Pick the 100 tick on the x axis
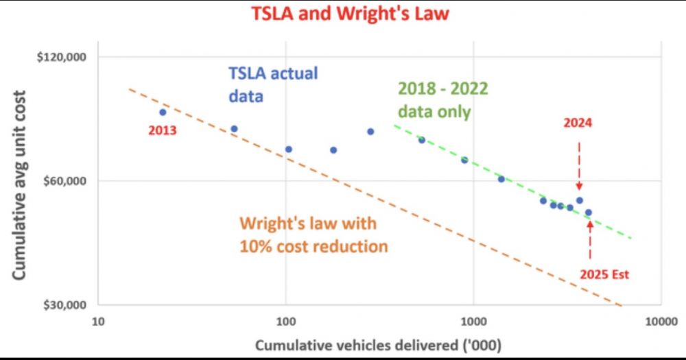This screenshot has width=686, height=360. pyautogui.click(x=285, y=321)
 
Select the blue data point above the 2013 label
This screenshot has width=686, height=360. pyautogui.click(x=163, y=112)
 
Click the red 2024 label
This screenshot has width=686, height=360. pyautogui.click(x=578, y=123)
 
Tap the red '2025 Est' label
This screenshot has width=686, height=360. pyautogui.click(x=604, y=274)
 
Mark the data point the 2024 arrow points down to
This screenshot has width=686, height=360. pyautogui.click(x=579, y=200)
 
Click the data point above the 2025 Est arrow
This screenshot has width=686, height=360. pyautogui.click(x=588, y=213)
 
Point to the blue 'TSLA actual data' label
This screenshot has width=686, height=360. pyautogui.click(x=273, y=84)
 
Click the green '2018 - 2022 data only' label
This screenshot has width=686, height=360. pyautogui.click(x=434, y=100)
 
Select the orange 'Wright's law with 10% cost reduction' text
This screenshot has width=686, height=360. pyautogui.click(x=314, y=235)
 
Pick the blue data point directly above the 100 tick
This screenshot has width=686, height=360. pyautogui.click(x=289, y=149)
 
